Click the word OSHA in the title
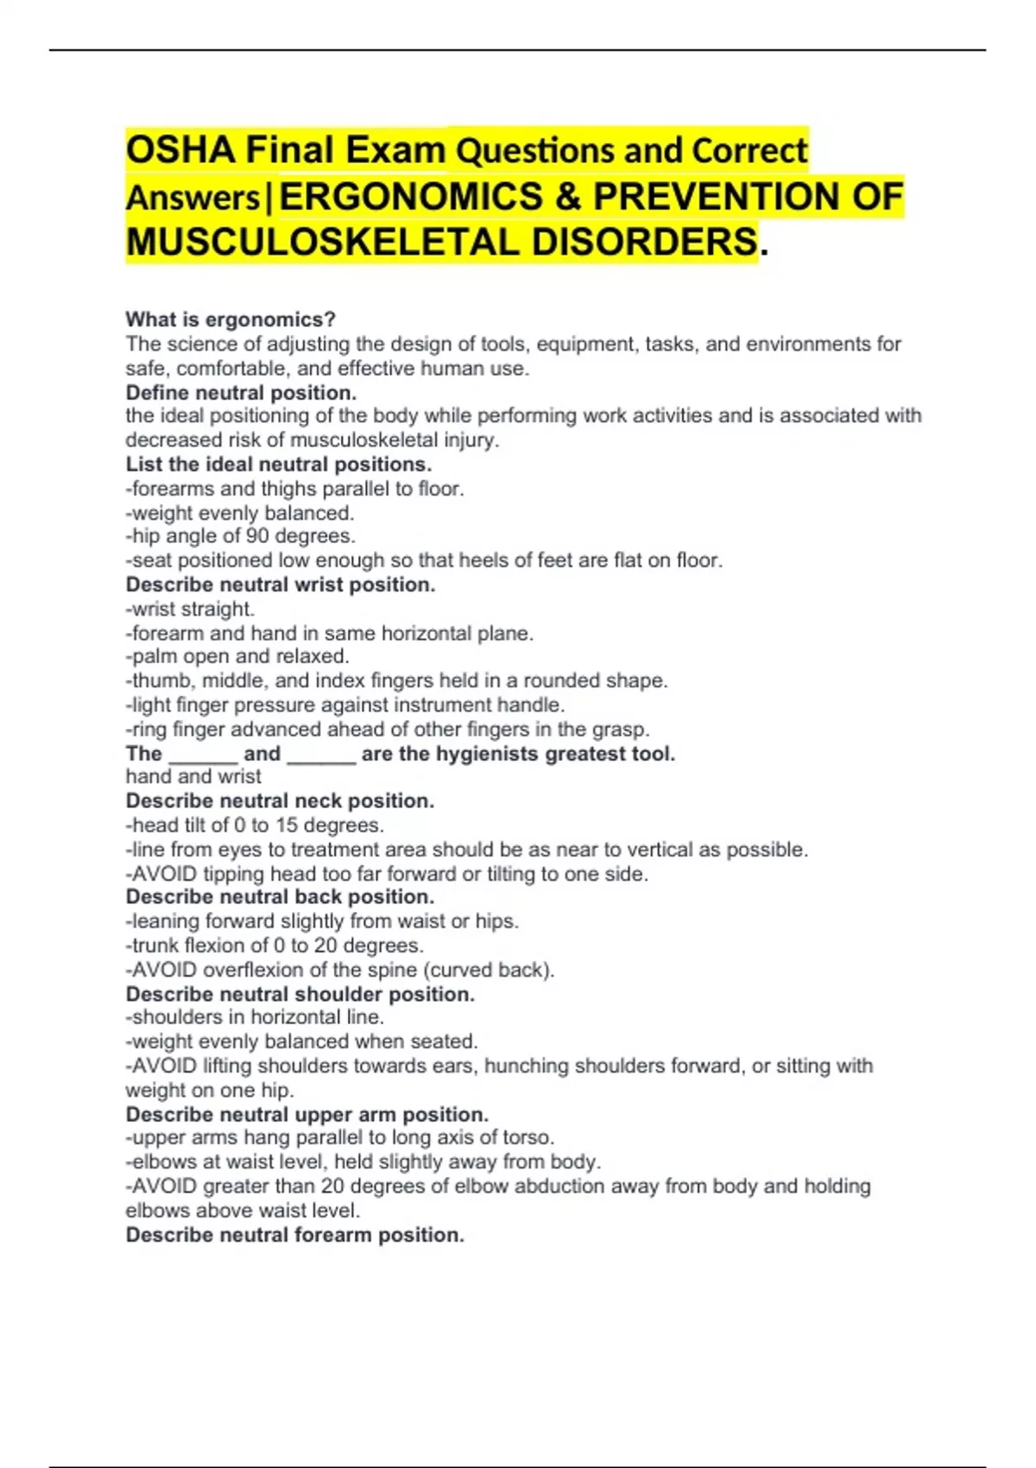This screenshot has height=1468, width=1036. click(180, 151)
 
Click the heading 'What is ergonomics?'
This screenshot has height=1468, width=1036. click(231, 320)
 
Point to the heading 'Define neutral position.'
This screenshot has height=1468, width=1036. click(241, 393)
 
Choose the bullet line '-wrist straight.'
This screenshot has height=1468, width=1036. click(190, 609)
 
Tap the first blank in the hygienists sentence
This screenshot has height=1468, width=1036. click(203, 754)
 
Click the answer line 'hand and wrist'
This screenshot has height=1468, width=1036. click(193, 776)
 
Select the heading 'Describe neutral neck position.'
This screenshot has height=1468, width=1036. click(280, 800)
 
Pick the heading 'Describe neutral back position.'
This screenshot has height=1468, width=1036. click(280, 896)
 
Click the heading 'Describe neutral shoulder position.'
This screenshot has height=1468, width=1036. click(300, 994)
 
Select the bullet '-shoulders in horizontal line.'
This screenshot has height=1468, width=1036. click(255, 1017)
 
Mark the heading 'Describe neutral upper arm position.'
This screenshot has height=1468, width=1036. click(306, 1114)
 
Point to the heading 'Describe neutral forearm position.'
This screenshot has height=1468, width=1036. click(294, 1235)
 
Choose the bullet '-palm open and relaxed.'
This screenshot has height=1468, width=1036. click(237, 656)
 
